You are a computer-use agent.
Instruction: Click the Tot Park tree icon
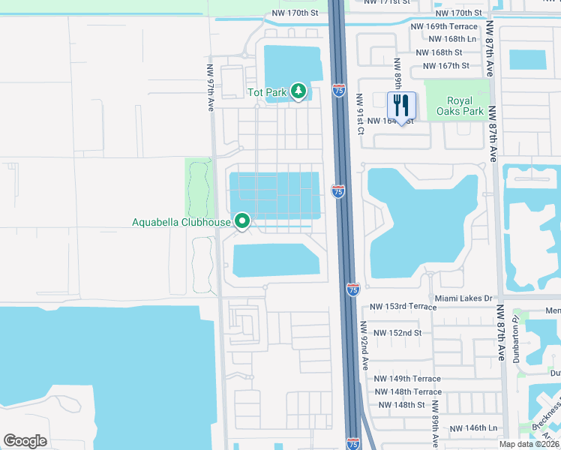tap(299, 91)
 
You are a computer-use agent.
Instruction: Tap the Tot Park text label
tap(267, 92)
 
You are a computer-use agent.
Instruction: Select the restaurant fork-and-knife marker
tap(401, 106)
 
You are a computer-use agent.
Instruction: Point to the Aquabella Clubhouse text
tap(181, 221)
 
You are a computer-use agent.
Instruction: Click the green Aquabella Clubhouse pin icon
tap(242, 221)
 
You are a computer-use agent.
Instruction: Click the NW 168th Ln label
tap(450, 38)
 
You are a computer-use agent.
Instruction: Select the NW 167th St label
tap(446, 65)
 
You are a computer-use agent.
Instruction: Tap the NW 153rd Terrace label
tap(403, 307)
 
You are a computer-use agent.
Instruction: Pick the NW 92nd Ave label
tap(365, 345)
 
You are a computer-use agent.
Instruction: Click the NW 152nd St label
tap(397, 332)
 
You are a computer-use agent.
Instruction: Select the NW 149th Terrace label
tap(407, 379)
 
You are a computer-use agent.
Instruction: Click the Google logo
tap(25, 440)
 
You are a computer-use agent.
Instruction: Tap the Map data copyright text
tap(529, 443)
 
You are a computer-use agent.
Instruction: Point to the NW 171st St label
tap(389, 2)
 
